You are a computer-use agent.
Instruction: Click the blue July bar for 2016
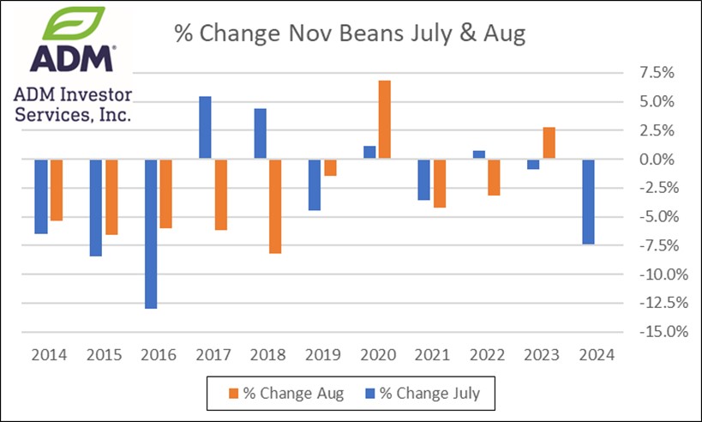click(x=151, y=233)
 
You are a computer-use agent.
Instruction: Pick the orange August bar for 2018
click(x=275, y=206)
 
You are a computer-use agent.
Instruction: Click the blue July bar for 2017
click(x=206, y=128)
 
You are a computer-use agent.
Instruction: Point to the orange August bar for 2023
click(x=549, y=143)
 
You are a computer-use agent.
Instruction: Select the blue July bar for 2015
click(x=96, y=208)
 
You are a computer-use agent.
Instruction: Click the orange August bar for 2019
click(x=330, y=167)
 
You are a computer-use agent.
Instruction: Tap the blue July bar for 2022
click(x=479, y=155)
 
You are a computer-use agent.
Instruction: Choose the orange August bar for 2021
click(x=440, y=184)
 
